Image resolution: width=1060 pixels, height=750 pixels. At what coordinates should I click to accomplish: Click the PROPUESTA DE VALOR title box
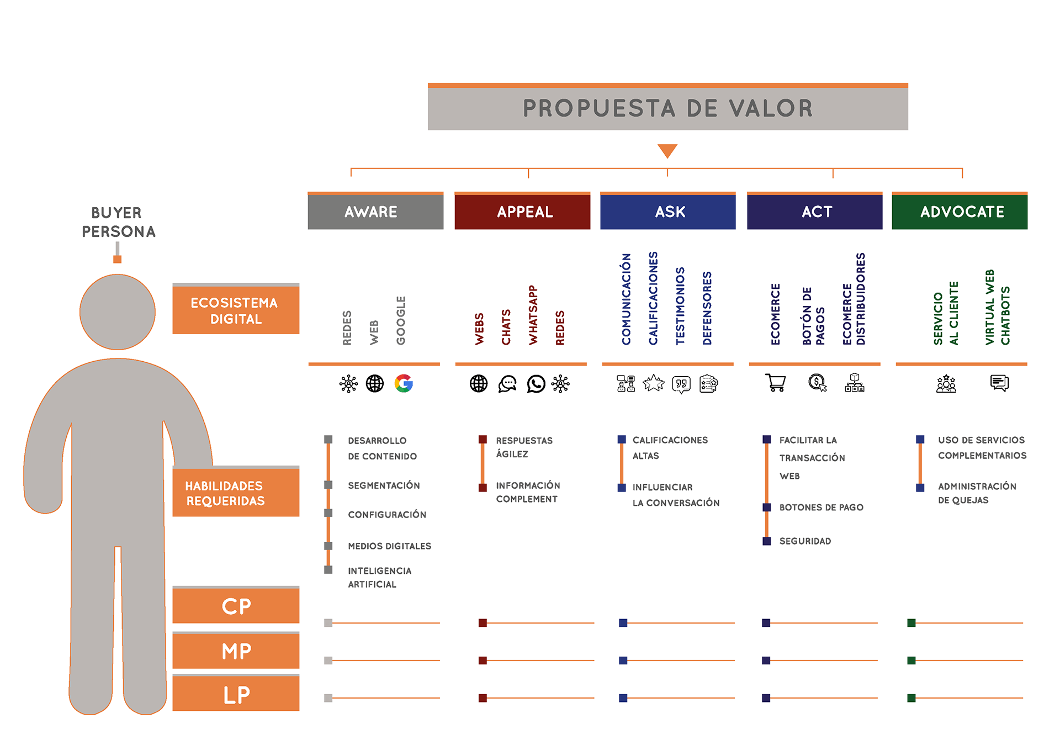coord(667,107)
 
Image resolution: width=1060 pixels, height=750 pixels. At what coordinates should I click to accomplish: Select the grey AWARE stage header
coord(375,210)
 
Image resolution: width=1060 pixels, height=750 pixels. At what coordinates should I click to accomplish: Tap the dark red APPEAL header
coord(522,210)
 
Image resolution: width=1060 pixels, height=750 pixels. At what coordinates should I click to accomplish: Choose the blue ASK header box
coord(668,210)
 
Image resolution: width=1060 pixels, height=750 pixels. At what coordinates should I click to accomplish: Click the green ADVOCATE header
coord(960,210)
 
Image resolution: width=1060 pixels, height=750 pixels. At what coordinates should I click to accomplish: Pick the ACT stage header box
coord(815,210)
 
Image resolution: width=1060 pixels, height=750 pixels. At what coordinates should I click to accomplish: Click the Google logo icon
coord(404,383)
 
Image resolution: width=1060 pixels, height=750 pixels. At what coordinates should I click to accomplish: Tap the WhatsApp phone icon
coord(536,384)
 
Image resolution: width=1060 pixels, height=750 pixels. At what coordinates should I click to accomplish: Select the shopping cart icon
coord(776,382)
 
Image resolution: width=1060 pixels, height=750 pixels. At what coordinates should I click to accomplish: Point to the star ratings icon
coord(654,383)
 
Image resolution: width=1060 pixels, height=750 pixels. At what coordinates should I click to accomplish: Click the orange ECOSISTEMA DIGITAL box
coord(236,309)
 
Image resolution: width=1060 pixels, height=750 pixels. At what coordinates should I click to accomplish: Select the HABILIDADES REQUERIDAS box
coord(236,492)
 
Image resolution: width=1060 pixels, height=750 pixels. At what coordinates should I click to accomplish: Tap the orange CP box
coord(236,605)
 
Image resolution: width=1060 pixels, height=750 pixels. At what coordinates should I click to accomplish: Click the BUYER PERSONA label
coord(118,222)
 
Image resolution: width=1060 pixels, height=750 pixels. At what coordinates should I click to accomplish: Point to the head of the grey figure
coord(118,312)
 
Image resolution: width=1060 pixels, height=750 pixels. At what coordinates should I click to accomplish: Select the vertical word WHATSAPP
coord(533,315)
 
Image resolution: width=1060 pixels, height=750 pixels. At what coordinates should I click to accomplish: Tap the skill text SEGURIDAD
coord(805,541)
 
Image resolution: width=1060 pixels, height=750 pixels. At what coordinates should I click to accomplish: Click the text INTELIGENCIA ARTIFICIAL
coord(380,578)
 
